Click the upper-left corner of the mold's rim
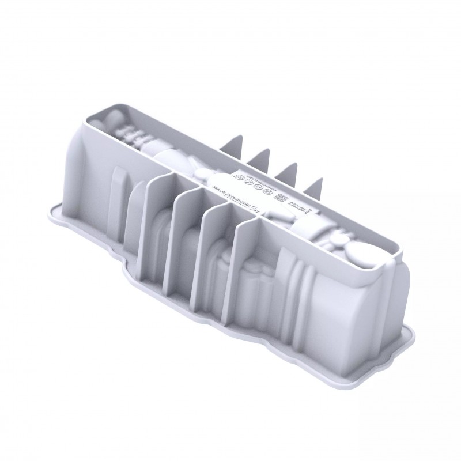click(x=92, y=113)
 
